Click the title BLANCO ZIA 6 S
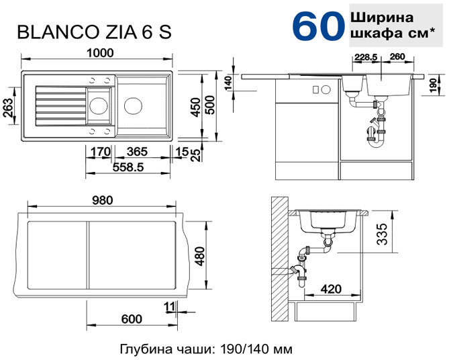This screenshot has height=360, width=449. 95,32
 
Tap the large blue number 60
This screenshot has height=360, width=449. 318,26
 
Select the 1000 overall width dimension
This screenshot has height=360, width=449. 100,53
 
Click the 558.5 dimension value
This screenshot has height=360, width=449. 128,167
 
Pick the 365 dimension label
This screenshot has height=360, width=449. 137,152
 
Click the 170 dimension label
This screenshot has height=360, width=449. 100,152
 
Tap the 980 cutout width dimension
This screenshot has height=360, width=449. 102,200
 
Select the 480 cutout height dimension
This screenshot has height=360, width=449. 199,257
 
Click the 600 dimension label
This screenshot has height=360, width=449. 132,319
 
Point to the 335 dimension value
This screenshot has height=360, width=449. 382,234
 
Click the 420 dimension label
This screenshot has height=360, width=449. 331,289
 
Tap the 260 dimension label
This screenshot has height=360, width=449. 397,56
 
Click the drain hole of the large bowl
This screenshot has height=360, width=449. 133,105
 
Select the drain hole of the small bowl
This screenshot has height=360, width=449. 99,105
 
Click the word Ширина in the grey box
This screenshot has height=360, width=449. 382,17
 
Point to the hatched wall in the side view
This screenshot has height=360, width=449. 279,259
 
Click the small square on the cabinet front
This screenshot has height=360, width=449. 315,90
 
